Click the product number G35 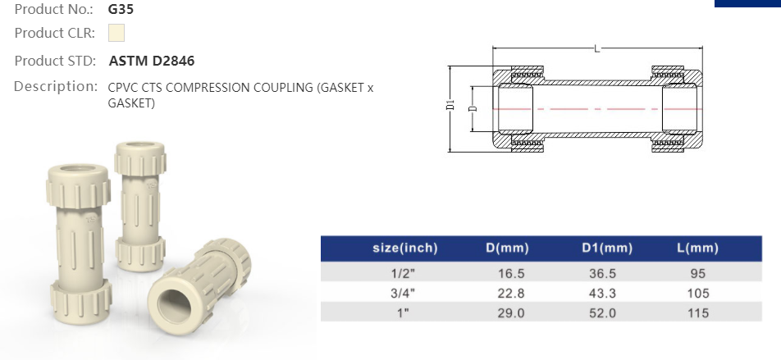121,10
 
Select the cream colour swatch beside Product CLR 116,34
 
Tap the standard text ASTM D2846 152,61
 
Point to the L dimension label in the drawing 596,50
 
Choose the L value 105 698,294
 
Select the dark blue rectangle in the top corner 747,3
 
